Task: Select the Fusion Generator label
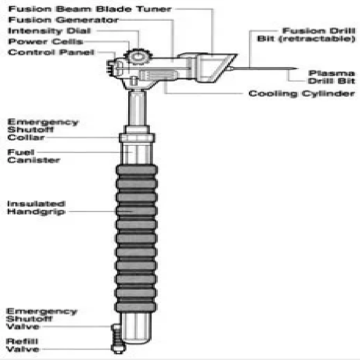63,20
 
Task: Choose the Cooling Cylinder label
301,94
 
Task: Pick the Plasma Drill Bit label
331,77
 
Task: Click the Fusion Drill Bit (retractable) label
306,35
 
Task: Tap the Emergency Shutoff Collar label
43,130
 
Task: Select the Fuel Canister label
33,156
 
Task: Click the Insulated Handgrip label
36,207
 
